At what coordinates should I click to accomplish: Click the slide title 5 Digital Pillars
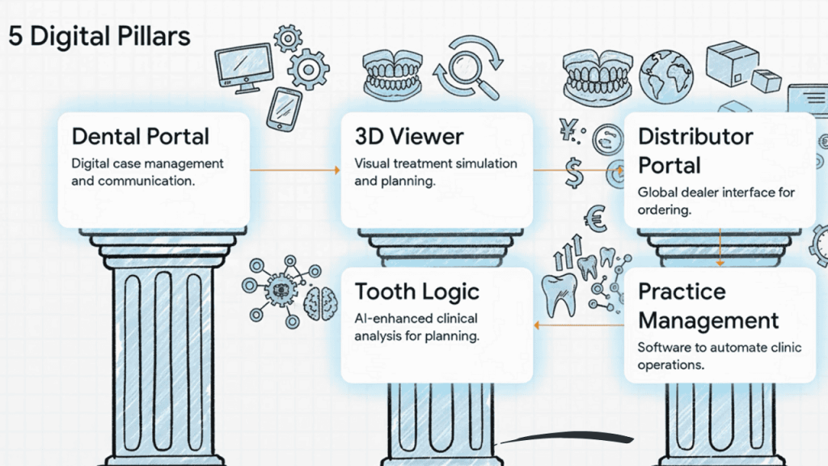99,36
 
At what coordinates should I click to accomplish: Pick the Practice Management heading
708,305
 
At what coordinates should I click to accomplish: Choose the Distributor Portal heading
695,150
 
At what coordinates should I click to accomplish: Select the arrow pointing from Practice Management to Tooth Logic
578,324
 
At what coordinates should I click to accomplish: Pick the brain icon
320,300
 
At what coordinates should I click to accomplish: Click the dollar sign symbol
576,171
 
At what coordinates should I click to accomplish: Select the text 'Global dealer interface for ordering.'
716,201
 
